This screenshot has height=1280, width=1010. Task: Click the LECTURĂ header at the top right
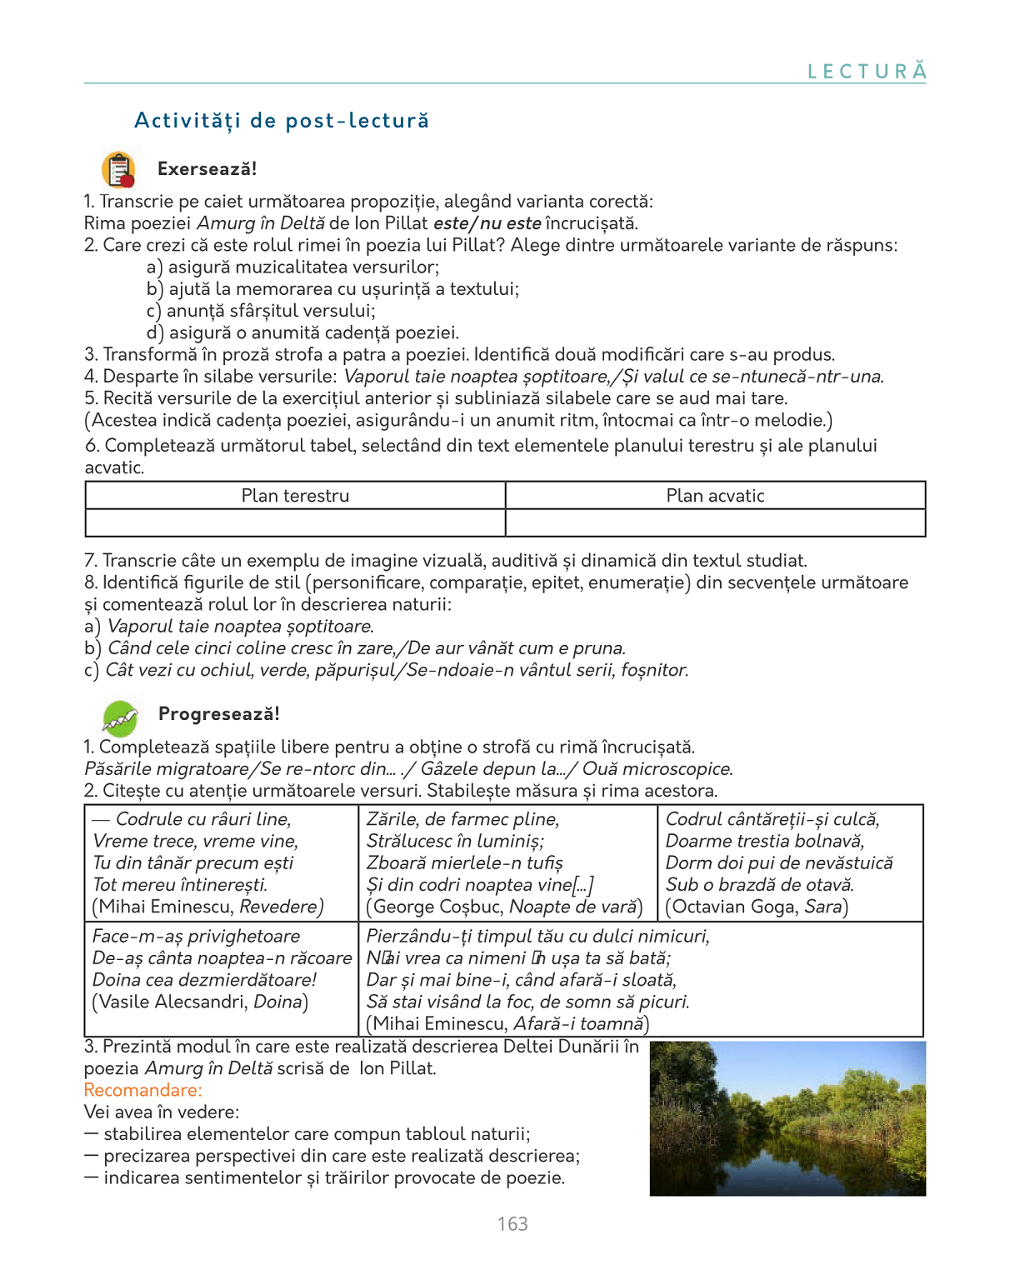click(x=867, y=72)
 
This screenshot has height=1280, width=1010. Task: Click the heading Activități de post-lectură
click(x=282, y=121)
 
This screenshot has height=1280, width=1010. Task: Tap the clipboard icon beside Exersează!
click(x=118, y=169)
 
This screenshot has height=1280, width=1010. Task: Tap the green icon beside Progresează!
click(x=120, y=716)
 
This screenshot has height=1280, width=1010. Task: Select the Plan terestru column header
click(x=295, y=496)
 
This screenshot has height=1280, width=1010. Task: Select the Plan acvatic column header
click(x=715, y=496)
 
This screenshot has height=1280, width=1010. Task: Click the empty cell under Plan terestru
click(x=295, y=522)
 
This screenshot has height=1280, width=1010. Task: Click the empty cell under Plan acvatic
click(x=715, y=522)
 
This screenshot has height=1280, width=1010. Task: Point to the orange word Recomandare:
click(x=142, y=1090)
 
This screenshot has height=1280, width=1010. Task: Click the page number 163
click(x=512, y=1223)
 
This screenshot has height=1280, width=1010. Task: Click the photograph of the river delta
click(x=787, y=1118)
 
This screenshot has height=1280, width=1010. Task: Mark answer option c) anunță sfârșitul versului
click(x=261, y=311)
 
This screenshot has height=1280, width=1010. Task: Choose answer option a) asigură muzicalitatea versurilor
click(x=292, y=267)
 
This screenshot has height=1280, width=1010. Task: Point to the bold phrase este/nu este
click(x=487, y=223)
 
